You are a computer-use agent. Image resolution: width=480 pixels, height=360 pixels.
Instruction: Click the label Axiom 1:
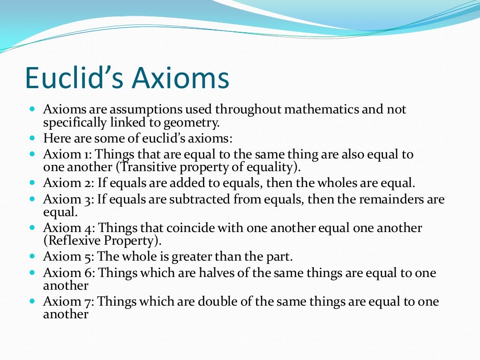coord(69,155)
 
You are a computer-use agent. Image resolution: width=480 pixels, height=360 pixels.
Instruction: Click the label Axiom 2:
coord(69,183)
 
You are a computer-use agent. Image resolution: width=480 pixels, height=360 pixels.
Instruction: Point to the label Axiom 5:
coord(69,257)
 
